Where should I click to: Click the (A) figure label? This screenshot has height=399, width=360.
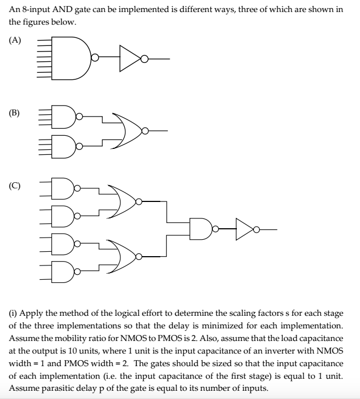pyautogui.click(x=15, y=40)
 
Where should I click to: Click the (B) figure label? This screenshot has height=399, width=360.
pyautogui.click(x=14, y=113)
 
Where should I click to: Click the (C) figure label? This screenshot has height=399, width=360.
pyautogui.click(x=15, y=186)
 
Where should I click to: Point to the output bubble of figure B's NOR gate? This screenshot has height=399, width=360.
pyautogui.click(x=145, y=131)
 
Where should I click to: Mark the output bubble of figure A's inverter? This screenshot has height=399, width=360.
pyautogui.click(x=144, y=59)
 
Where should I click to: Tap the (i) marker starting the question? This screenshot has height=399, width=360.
pyautogui.click(x=13, y=313)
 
